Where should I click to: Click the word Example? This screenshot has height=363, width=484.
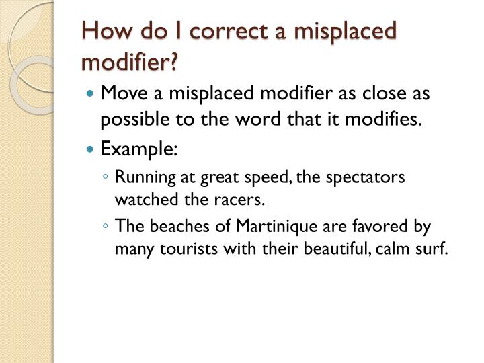(139, 149)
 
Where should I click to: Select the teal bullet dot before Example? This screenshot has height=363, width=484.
(92, 149)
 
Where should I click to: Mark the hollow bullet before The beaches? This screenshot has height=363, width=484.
(107, 227)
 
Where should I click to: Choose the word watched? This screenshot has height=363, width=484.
(143, 200)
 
